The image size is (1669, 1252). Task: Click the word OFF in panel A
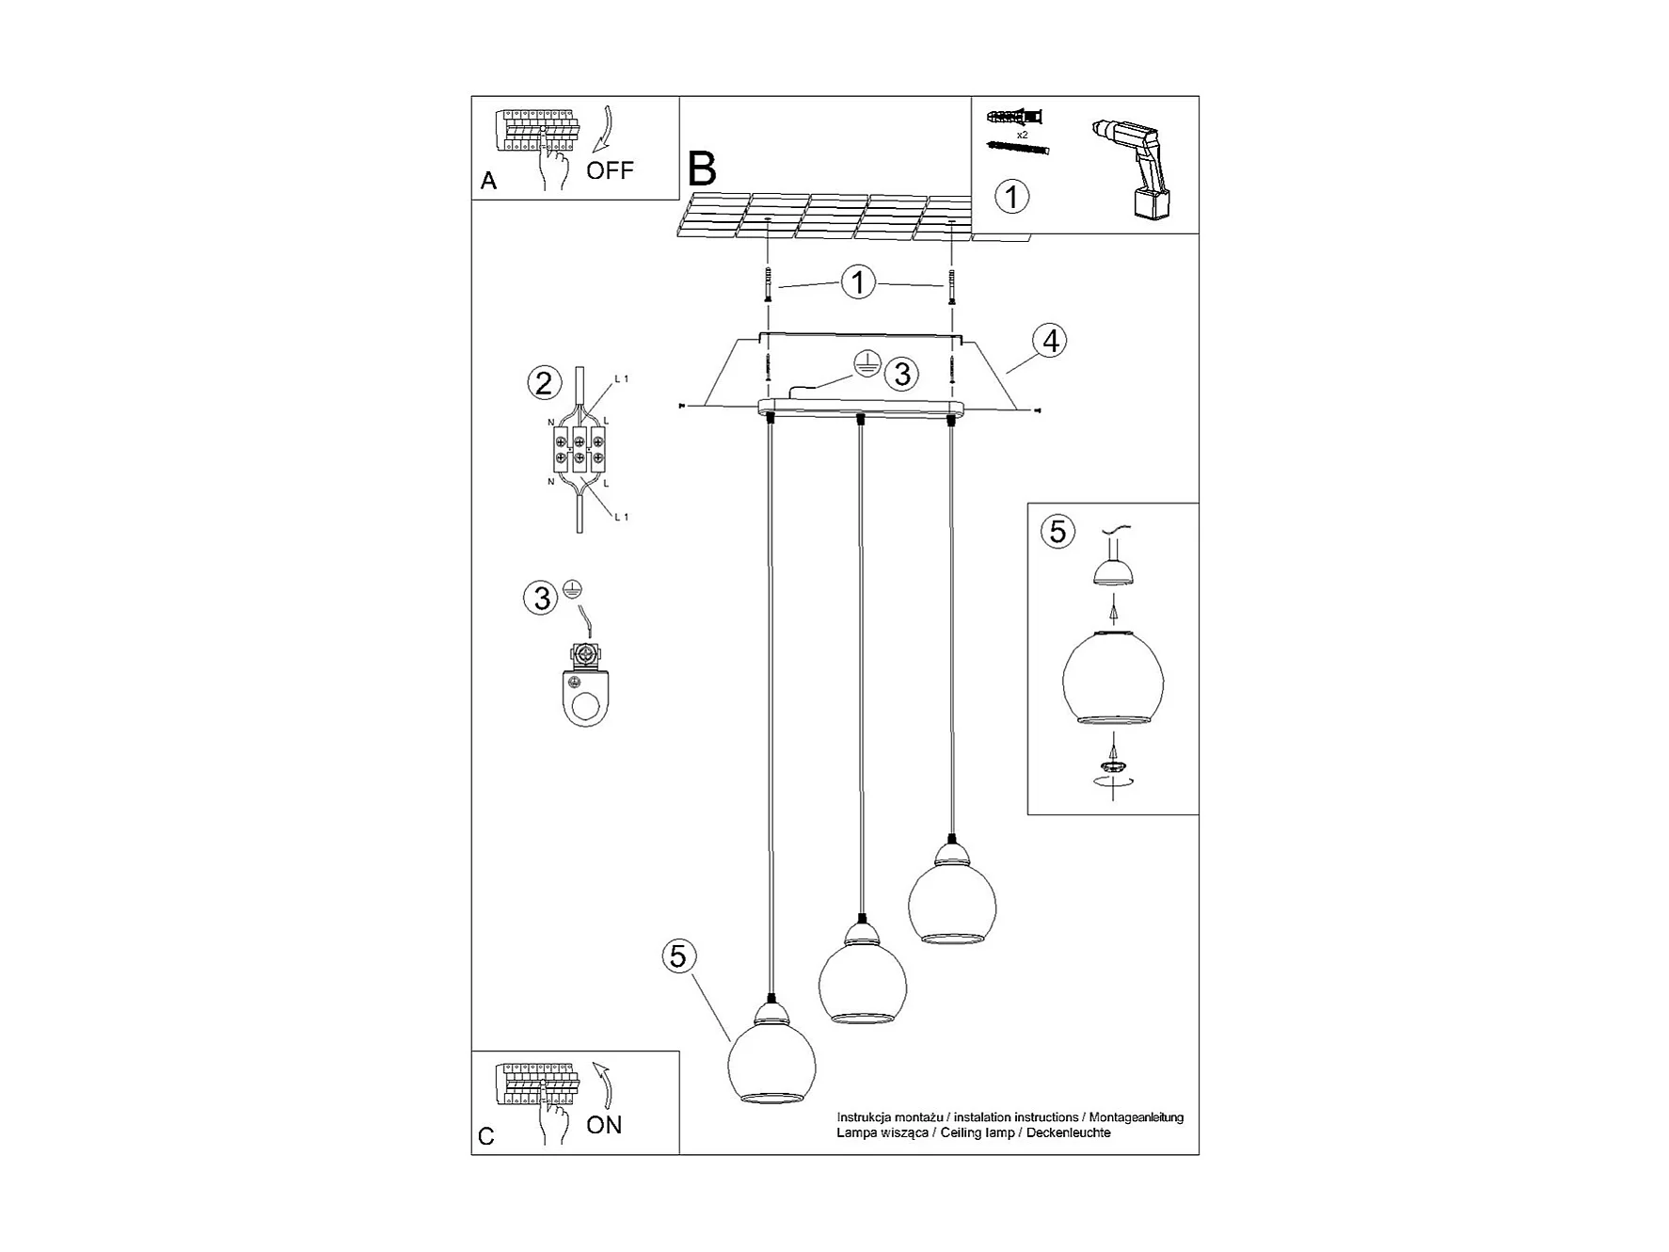[x=610, y=170]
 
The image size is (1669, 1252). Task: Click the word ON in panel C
[x=604, y=1125]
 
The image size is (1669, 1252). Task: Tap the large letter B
[x=702, y=169]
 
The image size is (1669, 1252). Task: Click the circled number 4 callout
[x=1051, y=340]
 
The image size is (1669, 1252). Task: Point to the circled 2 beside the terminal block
[x=544, y=383]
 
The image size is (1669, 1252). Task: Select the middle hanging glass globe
[x=863, y=975]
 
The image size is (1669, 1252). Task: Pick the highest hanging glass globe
[x=952, y=894]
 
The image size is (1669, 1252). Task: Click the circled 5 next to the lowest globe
[x=678, y=956]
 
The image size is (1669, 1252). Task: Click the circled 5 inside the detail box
[x=1057, y=531]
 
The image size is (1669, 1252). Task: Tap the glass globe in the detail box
[x=1113, y=678]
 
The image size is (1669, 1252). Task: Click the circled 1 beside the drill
[x=1012, y=197]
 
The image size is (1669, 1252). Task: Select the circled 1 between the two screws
[x=858, y=282]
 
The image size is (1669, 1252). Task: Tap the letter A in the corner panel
[x=488, y=181]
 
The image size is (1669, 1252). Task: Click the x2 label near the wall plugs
[x=1022, y=136]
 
